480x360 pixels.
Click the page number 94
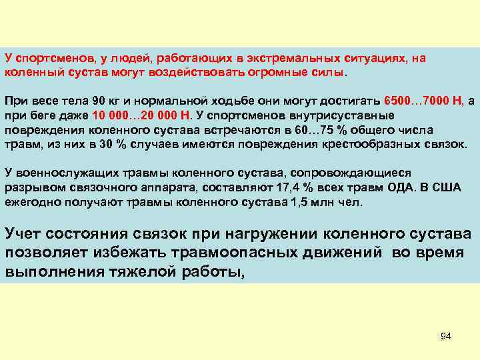[446, 336]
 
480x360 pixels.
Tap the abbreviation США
[449, 187]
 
